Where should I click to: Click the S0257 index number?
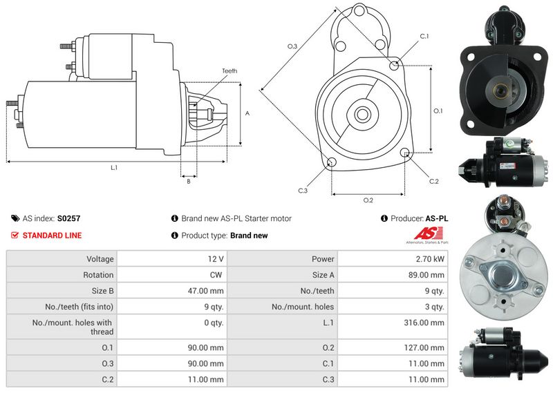[x=68, y=218]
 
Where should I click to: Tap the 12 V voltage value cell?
[x=215, y=259]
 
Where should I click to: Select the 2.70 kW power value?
[x=431, y=259]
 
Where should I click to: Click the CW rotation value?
[x=216, y=275]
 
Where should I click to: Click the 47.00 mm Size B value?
[x=208, y=291]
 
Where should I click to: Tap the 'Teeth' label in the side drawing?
[x=229, y=71]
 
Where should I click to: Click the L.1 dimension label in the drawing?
[x=113, y=168]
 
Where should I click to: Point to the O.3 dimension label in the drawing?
[x=292, y=46]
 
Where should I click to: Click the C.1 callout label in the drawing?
[x=424, y=36]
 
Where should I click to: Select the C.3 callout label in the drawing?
[x=303, y=190]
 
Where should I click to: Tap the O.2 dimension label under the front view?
[x=368, y=200]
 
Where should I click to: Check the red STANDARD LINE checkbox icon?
[x=15, y=236]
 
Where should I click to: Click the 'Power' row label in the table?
[x=323, y=259]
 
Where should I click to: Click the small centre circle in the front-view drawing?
[x=362, y=112]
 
